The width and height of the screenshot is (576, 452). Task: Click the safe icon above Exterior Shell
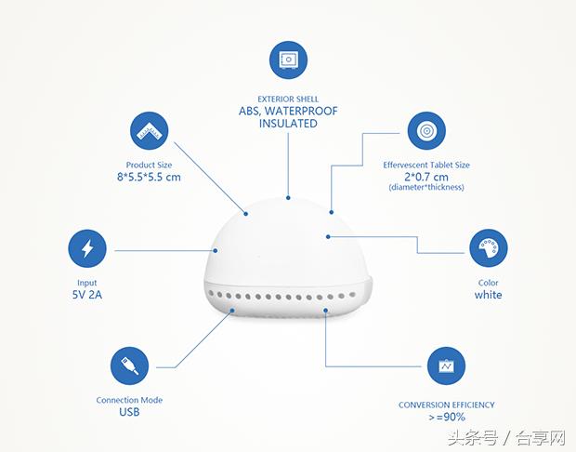pyautogui.click(x=288, y=60)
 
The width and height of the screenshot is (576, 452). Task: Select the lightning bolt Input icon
pyautogui.click(x=87, y=249)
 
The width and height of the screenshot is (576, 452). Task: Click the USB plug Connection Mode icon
pyautogui.click(x=129, y=366)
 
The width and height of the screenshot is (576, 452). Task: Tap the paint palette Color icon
pyautogui.click(x=488, y=249)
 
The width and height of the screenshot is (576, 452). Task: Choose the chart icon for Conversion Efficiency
pyautogui.click(x=446, y=366)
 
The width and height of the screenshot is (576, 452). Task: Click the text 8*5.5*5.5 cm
pyautogui.click(x=149, y=177)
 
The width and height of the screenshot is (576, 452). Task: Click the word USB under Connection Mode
pyautogui.click(x=129, y=412)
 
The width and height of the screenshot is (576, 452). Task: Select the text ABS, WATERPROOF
pyautogui.click(x=288, y=111)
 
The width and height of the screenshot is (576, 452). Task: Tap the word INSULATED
pyautogui.click(x=288, y=123)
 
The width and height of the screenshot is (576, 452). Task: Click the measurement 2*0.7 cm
pyautogui.click(x=426, y=177)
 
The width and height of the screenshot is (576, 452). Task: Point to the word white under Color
pyautogui.click(x=488, y=295)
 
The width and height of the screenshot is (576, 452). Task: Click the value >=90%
pyautogui.click(x=446, y=419)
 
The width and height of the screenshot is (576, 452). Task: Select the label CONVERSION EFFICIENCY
pyautogui.click(x=446, y=405)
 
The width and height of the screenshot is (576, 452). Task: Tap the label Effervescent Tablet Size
pyautogui.click(x=426, y=165)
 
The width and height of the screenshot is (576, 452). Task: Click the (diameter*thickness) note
pyautogui.click(x=426, y=188)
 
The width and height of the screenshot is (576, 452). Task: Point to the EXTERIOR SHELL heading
pyautogui.click(x=288, y=98)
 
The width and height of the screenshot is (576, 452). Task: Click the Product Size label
pyautogui.click(x=149, y=165)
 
